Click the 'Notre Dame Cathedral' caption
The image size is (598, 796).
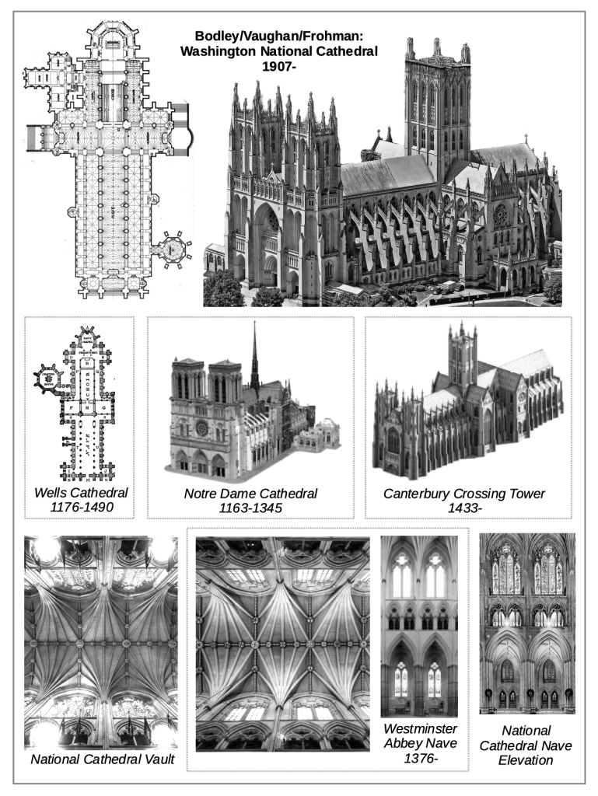tap(250, 493)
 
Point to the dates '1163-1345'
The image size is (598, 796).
tap(250, 508)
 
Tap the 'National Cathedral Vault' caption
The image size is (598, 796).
tap(101, 758)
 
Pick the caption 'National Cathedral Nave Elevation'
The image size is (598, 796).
tap(526, 745)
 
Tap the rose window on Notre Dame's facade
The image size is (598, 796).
tap(201, 427)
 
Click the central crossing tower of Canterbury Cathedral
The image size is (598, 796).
tap(462, 358)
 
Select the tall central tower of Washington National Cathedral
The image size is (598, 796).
tap(437, 109)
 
